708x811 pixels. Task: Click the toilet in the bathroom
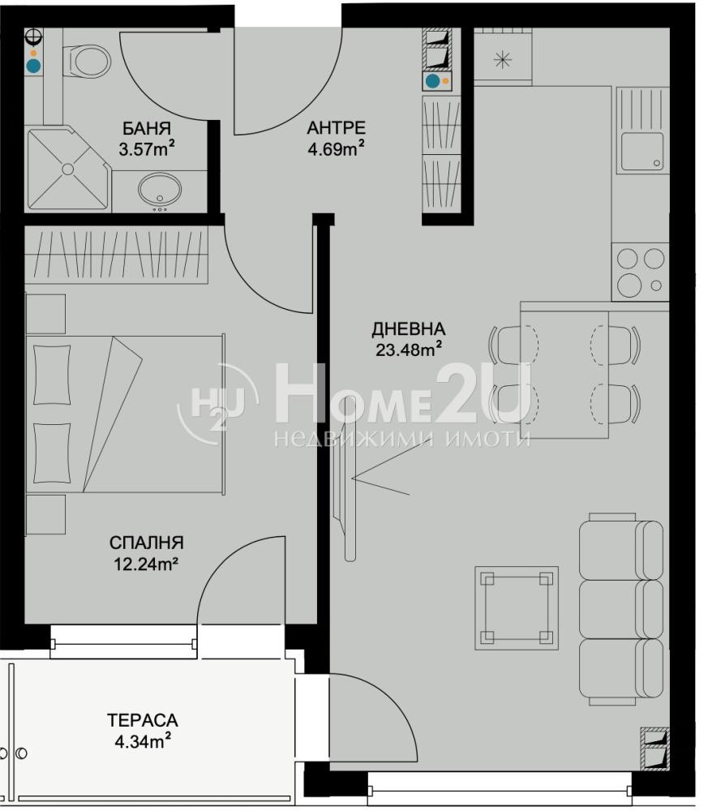click(x=87, y=62)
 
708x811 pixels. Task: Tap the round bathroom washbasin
click(x=160, y=189)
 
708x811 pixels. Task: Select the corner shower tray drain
click(x=68, y=169)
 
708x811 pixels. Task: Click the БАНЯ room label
click(x=146, y=128)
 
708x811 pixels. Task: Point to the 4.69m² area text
click(x=337, y=149)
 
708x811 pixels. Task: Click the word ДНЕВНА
click(x=409, y=328)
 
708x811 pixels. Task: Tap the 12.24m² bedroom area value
click(x=146, y=564)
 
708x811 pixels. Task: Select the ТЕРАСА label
click(x=143, y=720)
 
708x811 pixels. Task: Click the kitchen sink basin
click(x=641, y=151)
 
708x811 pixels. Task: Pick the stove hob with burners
click(x=640, y=272)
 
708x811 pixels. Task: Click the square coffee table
click(x=517, y=607)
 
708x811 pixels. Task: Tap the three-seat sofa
click(x=621, y=609)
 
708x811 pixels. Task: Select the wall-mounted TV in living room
click(x=345, y=478)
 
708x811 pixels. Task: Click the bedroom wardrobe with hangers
click(x=116, y=255)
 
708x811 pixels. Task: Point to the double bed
click(x=125, y=414)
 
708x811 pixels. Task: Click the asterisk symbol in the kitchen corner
click(x=502, y=60)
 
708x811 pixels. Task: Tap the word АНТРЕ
click(x=336, y=127)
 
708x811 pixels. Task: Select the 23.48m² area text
click(x=409, y=350)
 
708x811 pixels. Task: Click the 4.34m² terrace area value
click(x=143, y=742)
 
